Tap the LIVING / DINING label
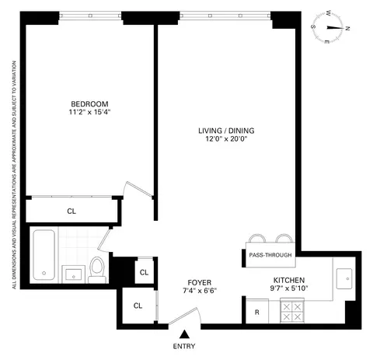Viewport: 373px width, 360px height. (225, 130)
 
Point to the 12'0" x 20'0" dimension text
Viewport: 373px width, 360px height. (225, 139)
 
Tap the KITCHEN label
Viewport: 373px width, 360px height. (288, 280)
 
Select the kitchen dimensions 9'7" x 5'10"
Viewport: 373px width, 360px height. (288, 289)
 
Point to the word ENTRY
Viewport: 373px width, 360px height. (184, 346)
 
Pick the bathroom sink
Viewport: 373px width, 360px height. (74, 273)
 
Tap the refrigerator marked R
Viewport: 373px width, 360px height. (256, 312)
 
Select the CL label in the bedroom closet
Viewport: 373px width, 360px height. (71, 210)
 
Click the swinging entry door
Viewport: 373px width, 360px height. (186, 316)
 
